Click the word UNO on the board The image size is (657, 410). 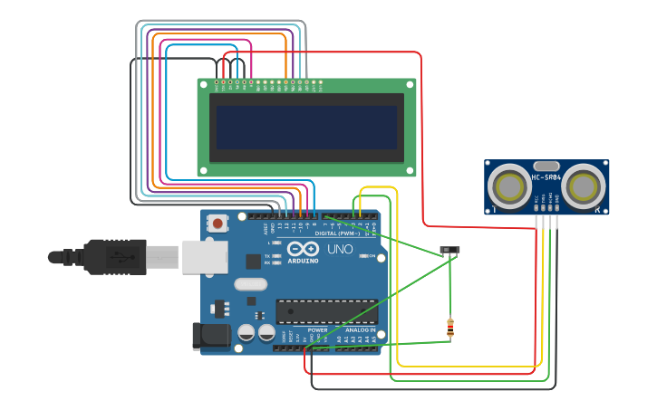[x=340, y=249]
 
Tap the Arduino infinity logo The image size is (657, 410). [x=302, y=248]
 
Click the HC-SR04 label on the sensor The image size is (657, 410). [x=546, y=176]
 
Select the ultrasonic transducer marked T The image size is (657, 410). [x=509, y=187]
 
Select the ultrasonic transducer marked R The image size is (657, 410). [x=583, y=187]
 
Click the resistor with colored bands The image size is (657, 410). [x=449, y=328]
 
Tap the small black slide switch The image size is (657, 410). [x=449, y=250]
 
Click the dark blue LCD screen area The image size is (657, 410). [x=306, y=128]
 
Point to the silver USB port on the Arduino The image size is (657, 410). [x=204, y=256]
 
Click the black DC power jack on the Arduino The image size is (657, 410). [x=210, y=336]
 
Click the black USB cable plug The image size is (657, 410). [x=113, y=256]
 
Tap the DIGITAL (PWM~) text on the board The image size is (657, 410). [x=343, y=233]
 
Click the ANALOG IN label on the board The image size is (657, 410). [x=360, y=330]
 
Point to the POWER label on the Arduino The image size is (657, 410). [x=317, y=330]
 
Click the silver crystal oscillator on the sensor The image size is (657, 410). [x=546, y=167]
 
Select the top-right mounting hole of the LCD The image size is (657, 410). [x=409, y=85]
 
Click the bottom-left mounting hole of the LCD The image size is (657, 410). [x=205, y=169]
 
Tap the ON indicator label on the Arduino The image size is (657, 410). [x=371, y=256]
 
